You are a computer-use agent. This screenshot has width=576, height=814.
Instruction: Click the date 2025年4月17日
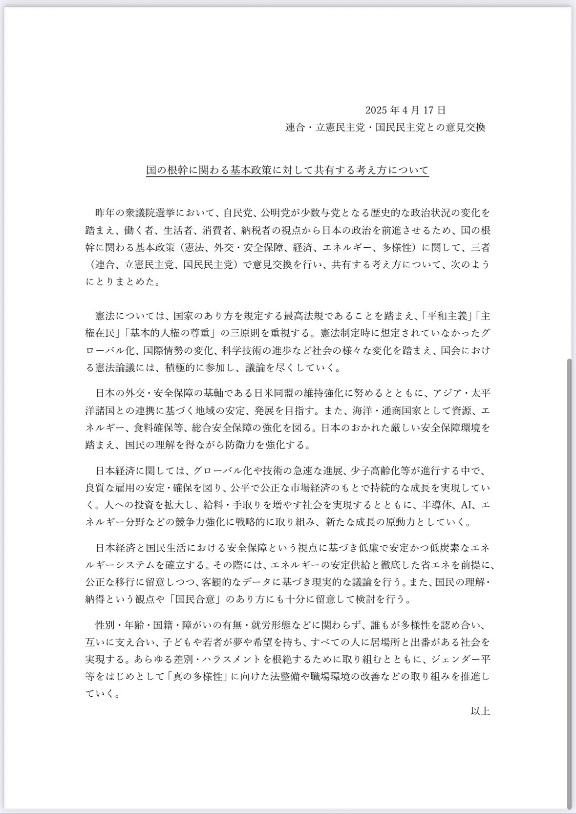[405, 109]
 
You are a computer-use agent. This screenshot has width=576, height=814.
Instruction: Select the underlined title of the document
[287, 170]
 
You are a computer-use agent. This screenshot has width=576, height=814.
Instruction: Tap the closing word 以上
[480, 710]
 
